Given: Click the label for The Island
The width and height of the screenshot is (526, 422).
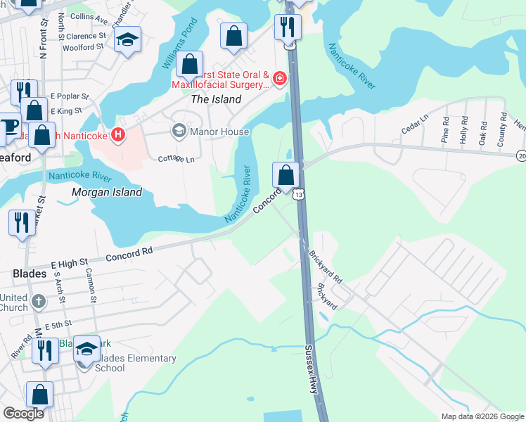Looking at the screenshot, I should coord(216,99).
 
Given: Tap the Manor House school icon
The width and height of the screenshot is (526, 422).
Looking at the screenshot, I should coord(179,132).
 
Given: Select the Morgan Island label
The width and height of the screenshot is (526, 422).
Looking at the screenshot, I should coord(107,192).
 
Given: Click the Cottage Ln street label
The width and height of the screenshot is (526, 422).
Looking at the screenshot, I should coord(176,159).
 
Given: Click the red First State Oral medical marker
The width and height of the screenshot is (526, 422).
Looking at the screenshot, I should coord(281,78).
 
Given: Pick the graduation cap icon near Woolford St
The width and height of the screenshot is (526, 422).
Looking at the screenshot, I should coord(127,39).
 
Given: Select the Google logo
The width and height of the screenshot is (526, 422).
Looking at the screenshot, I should coord(23,413).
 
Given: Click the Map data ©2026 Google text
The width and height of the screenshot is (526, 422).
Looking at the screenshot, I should coord(482,416).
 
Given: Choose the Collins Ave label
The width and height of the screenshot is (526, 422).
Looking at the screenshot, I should coord(89,16).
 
